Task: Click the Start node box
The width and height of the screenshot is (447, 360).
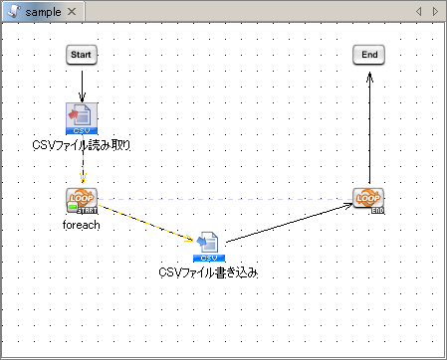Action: pyautogui.click(x=82, y=55)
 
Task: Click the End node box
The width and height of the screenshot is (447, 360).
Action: pyautogui.click(x=368, y=55)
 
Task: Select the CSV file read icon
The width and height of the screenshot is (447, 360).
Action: pyautogui.click(x=82, y=117)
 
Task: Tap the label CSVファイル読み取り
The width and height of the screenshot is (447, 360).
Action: pyautogui.click(x=82, y=145)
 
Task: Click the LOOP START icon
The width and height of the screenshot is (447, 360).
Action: pyautogui.click(x=82, y=200)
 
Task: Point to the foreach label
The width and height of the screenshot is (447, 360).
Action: pyautogui.click(x=82, y=225)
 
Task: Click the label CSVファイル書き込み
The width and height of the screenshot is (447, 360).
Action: pyautogui.click(x=209, y=272)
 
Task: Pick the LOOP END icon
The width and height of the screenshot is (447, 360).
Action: pyautogui.click(x=368, y=200)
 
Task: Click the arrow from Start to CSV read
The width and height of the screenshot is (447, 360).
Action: pyautogui.click(x=82, y=83)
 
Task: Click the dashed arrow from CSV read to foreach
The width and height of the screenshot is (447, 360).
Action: pyautogui.click(x=83, y=169)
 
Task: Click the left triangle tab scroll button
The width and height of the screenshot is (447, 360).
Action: pyautogui.click(x=419, y=10)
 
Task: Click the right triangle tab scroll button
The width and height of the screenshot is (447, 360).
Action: pyautogui.click(x=434, y=10)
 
